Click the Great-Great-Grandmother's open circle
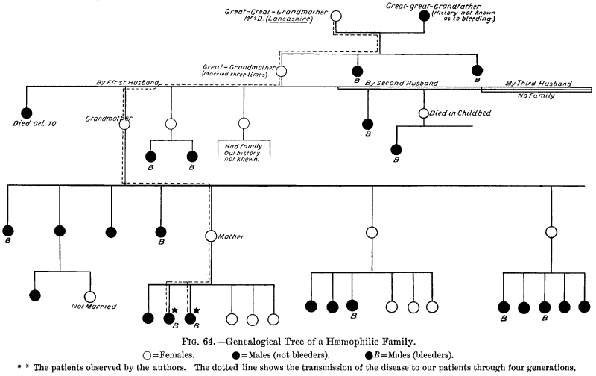336,16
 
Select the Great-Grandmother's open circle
282,71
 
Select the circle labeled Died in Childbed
423,113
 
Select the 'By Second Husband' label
401,83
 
